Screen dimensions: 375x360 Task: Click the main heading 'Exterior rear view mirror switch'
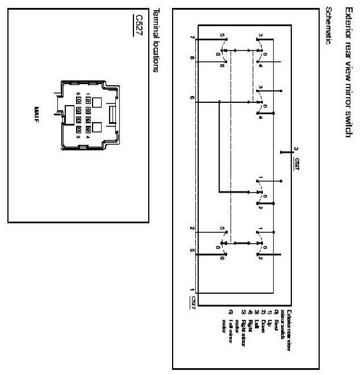click(343, 72)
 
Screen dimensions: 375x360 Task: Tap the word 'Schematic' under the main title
click(328, 26)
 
